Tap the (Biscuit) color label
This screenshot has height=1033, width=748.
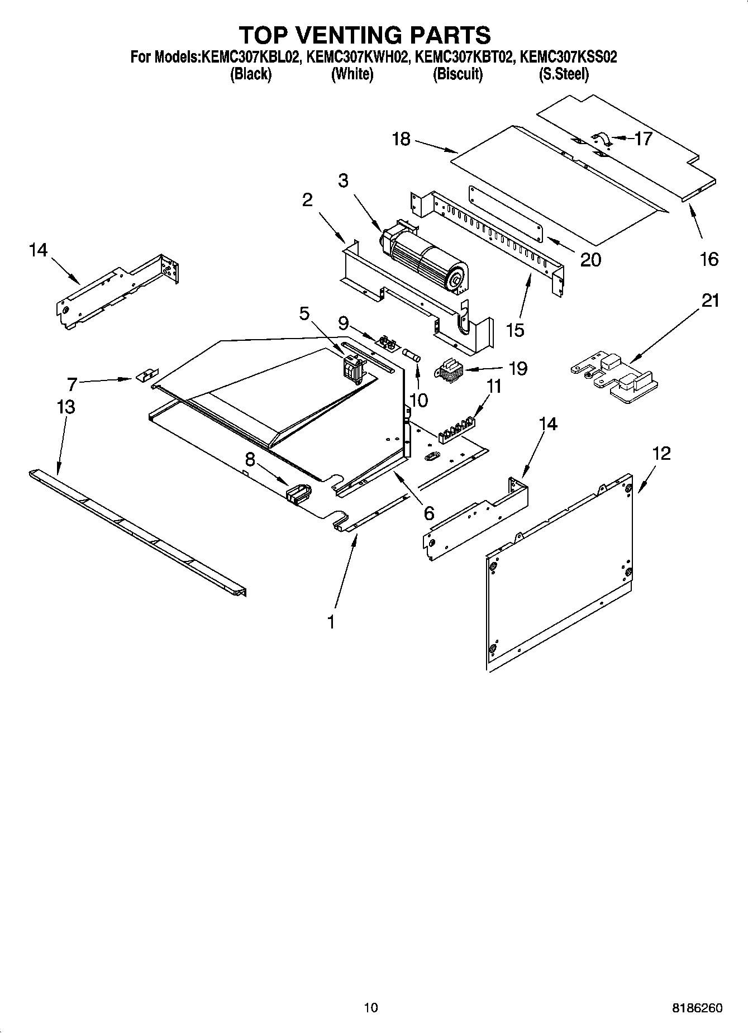click(x=458, y=74)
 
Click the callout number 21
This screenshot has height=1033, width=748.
click(x=710, y=301)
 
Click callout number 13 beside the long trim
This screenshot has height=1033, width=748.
click(x=66, y=407)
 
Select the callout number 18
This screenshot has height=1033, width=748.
click(x=402, y=139)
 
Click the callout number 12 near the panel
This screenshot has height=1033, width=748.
click(x=661, y=453)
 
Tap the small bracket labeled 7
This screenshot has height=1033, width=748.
click(x=147, y=374)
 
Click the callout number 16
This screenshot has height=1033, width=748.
click(x=709, y=259)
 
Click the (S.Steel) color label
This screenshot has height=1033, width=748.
click(x=563, y=74)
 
